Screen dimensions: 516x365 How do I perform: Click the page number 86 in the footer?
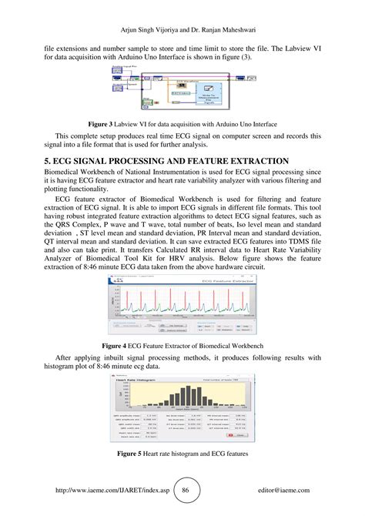click(185, 490)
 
